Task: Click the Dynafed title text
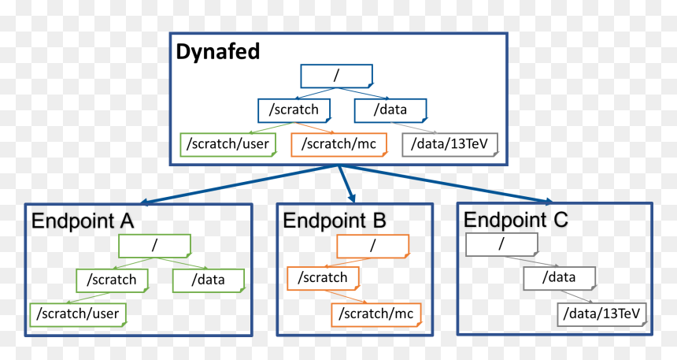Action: (218, 51)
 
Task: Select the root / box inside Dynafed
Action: (337, 76)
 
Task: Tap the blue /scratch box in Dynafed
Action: (294, 110)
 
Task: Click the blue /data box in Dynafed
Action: (390, 110)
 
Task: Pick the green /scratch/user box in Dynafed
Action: (228, 144)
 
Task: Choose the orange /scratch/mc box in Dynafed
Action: (339, 144)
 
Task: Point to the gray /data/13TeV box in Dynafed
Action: (450, 144)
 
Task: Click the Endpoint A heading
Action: (83, 221)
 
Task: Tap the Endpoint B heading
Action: (335, 221)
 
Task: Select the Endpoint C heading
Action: (516, 220)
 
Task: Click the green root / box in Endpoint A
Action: (155, 246)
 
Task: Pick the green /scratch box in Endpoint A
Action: (113, 280)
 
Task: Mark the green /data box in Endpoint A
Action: (209, 280)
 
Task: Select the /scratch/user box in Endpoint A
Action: (78, 314)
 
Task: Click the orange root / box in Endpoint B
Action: (373, 247)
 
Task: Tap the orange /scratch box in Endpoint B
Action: (324, 278)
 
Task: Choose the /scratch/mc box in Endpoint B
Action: (376, 314)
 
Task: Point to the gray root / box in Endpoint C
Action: (501, 245)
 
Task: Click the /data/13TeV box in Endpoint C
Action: (602, 314)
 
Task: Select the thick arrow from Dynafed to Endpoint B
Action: (347, 184)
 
